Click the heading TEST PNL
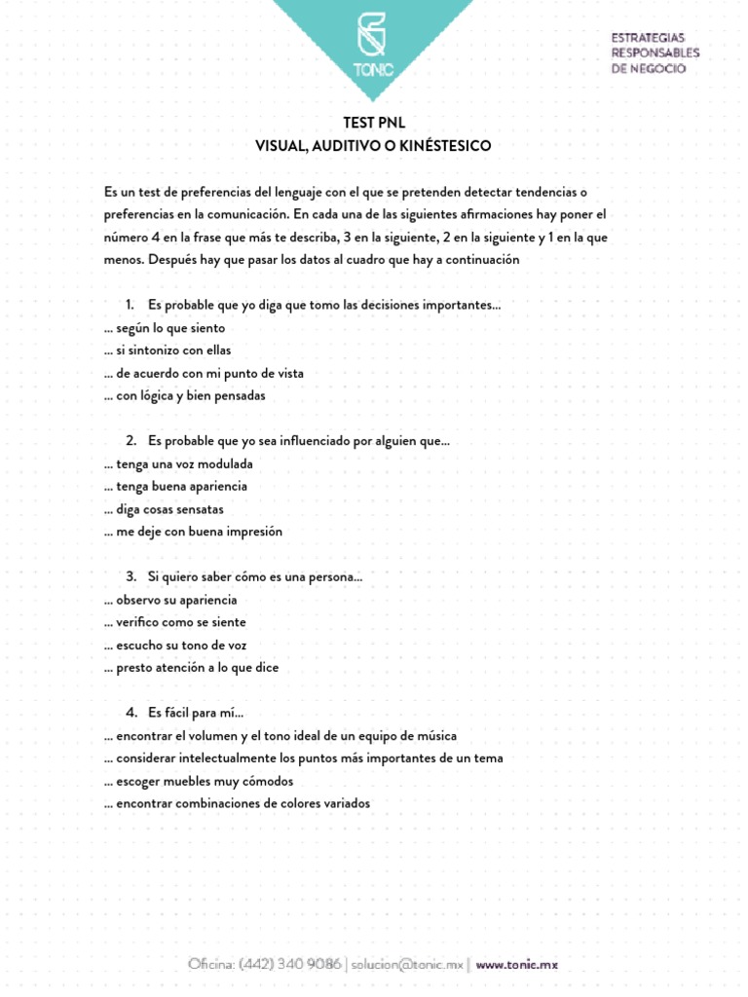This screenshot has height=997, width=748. [x=373, y=123]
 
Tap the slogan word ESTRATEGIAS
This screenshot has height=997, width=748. [x=649, y=37]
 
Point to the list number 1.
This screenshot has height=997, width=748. [x=130, y=306]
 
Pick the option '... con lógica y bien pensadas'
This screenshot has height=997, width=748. [x=184, y=396]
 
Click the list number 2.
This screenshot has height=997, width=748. [x=131, y=441]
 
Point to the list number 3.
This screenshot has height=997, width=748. [x=131, y=577]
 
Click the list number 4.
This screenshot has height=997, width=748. [x=131, y=714]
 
